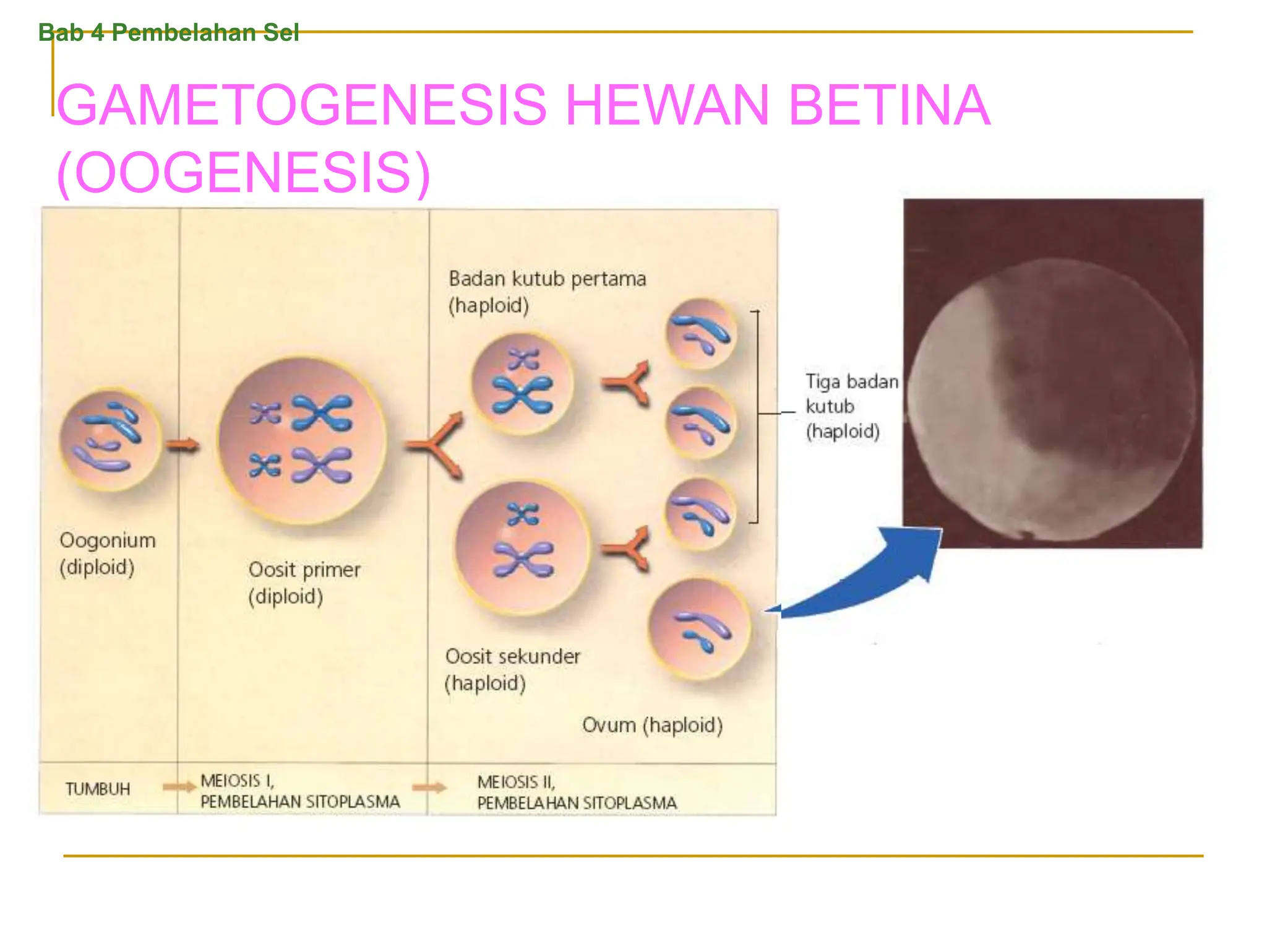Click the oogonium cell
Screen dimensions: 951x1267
[x=110, y=440]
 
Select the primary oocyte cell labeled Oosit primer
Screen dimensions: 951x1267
[x=302, y=441]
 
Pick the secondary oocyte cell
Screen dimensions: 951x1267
[x=522, y=548]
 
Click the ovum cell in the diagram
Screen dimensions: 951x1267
[x=699, y=628]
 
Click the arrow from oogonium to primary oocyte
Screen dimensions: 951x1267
[x=183, y=445]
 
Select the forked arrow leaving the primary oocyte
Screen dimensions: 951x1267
[x=436, y=444]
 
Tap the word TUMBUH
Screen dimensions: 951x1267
[x=98, y=789]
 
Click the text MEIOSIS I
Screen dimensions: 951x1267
[x=237, y=781]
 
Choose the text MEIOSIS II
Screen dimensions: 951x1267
[x=516, y=782]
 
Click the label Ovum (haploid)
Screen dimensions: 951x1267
[x=652, y=724]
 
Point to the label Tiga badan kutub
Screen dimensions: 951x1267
[x=851, y=394]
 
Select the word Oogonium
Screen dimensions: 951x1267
[x=108, y=540]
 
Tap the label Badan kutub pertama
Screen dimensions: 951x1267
[x=548, y=279]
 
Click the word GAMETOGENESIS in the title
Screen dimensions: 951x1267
[x=302, y=105]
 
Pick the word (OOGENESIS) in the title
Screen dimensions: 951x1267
[x=243, y=172]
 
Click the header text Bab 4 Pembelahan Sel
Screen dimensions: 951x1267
[x=168, y=32]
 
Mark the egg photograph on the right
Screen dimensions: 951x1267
[x=1053, y=373]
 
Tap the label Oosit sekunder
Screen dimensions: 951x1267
[x=513, y=656]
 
